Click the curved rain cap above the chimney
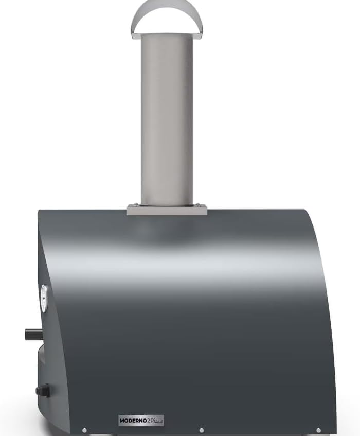[x=167, y=11]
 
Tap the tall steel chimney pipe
[x=167, y=119]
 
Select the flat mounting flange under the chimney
[x=167, y=210]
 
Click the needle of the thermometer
[x=44, y=299]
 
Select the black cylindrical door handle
[x=33, y=334]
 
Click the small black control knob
[x=43, y=391]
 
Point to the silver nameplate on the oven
[x=141, y=420]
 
